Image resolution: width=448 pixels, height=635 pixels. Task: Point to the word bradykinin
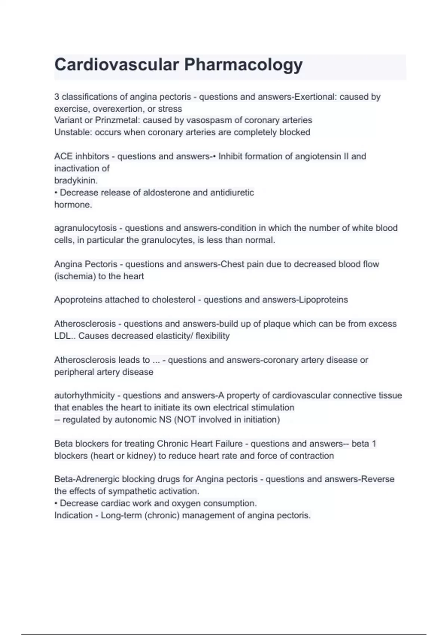click(75, 180)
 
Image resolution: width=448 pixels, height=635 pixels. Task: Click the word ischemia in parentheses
click(74, 276)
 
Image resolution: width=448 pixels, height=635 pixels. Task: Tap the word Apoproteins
click(78, 300)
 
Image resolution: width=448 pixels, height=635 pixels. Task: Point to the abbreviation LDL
click(62, 336)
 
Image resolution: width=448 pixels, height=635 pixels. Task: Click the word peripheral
click(74, 372)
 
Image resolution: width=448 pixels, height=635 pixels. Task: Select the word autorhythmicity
click(84, 396)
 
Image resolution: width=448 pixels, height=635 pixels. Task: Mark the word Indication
click(73, 515)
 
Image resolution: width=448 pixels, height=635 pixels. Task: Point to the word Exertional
click(315, 97)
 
